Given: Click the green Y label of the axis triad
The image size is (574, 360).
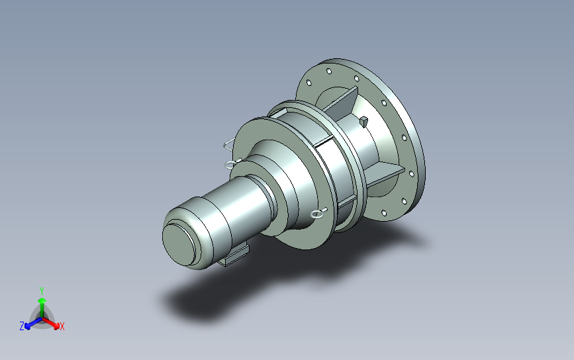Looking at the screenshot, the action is pyautogui.click(x=42, y=291).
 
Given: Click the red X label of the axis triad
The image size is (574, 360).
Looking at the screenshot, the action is pyautogui.click(x=62, y=326).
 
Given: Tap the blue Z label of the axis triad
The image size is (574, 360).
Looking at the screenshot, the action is pyautogui.click(x=22, y=326).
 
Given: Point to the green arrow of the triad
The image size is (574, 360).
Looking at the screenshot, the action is pyautogui.click(x=42, y=307).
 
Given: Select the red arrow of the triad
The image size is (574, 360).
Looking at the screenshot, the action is pyautogui.click(x=51, y=323).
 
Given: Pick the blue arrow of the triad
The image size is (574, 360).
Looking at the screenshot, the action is pyautogui.click(x=33, y=323).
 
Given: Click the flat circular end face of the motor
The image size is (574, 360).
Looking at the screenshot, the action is pyautogui.click(x=179, y=244).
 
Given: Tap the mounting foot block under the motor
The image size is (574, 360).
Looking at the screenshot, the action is pyautogui.click(x=234, y=256).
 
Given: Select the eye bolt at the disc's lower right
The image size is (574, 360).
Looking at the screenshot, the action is pyautogui.click(x=318, y=214).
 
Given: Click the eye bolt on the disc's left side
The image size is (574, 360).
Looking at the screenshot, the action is pyautogui.click(x=232, y=164).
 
